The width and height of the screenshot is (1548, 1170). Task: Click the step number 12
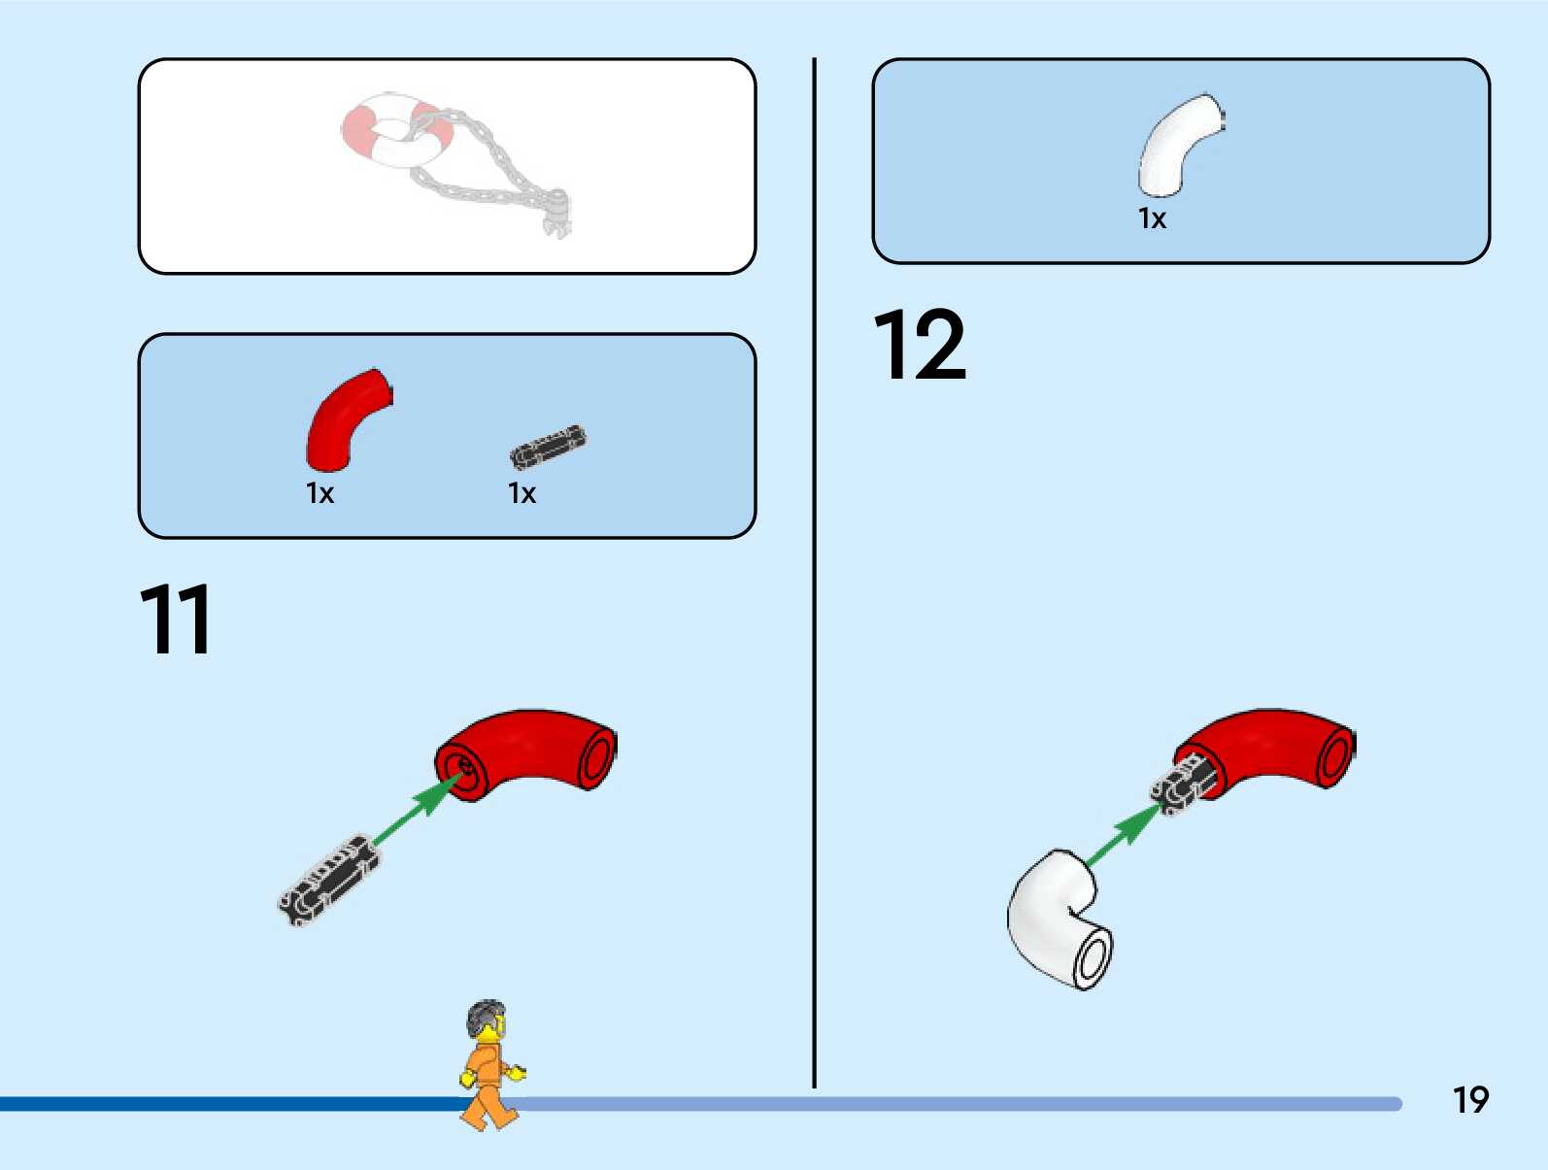[919, 345]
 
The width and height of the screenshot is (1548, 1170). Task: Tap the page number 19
[1470, 1100]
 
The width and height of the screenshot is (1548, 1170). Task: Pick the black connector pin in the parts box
[548, 446]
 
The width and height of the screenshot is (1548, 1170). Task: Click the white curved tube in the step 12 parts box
[1178, 143]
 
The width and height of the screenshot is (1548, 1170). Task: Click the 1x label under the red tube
[320, 493]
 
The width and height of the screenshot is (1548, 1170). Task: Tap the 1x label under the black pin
[522, 493]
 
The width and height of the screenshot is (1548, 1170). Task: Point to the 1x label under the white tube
[1152, 218]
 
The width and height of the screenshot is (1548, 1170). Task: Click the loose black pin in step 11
[327, 879]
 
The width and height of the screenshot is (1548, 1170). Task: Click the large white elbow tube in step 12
[1057, 919]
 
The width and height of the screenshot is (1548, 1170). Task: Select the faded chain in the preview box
[495, 165]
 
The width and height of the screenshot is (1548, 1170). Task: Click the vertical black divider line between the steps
[814, 583]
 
